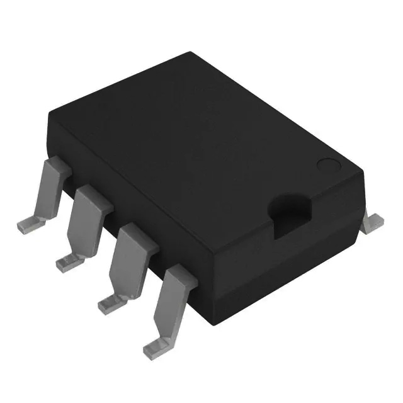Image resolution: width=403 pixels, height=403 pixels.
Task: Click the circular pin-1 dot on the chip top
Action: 328,166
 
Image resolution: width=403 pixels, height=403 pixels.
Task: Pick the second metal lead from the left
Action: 86,217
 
